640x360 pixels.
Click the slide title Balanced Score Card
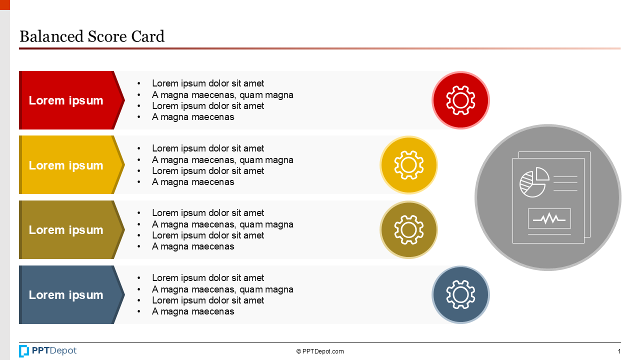pos(91,36)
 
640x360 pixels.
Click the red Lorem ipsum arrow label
pos(66,100)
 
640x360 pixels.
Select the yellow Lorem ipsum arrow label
pos(66,165)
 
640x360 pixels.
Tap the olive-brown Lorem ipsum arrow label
pos(66,230)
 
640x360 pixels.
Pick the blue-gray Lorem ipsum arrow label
pos(66,295)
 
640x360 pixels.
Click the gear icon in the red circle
pos(460,100)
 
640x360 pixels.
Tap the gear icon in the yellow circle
pos(408,165)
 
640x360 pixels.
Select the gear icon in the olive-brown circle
pos(408,230)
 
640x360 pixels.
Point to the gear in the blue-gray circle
pos(460,294)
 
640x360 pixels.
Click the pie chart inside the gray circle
pos(533,183)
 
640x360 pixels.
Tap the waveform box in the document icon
pos(549,218)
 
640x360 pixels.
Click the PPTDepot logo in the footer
pos(48,351)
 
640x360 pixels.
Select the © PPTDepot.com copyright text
pos(320,351)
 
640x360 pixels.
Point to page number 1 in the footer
pos(619,351)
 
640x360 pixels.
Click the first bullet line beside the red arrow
pos(208,83)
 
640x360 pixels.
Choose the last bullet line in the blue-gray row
pos(193,311)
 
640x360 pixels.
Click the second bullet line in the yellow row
pos(222,160)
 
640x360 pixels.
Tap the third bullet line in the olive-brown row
pos(208,235)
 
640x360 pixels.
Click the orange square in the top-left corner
pos(4,4)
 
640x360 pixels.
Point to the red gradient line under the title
pos(320,48)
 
